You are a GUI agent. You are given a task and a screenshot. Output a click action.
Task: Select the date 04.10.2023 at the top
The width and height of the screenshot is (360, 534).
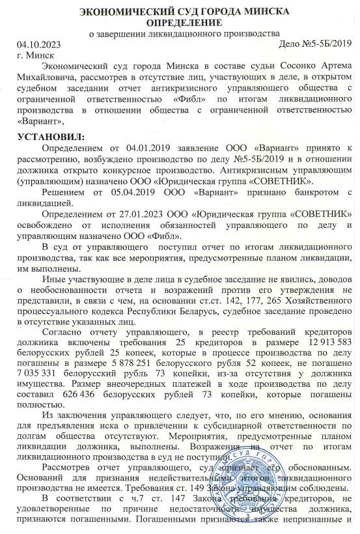pyautogui.click(x=40, y=44)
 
